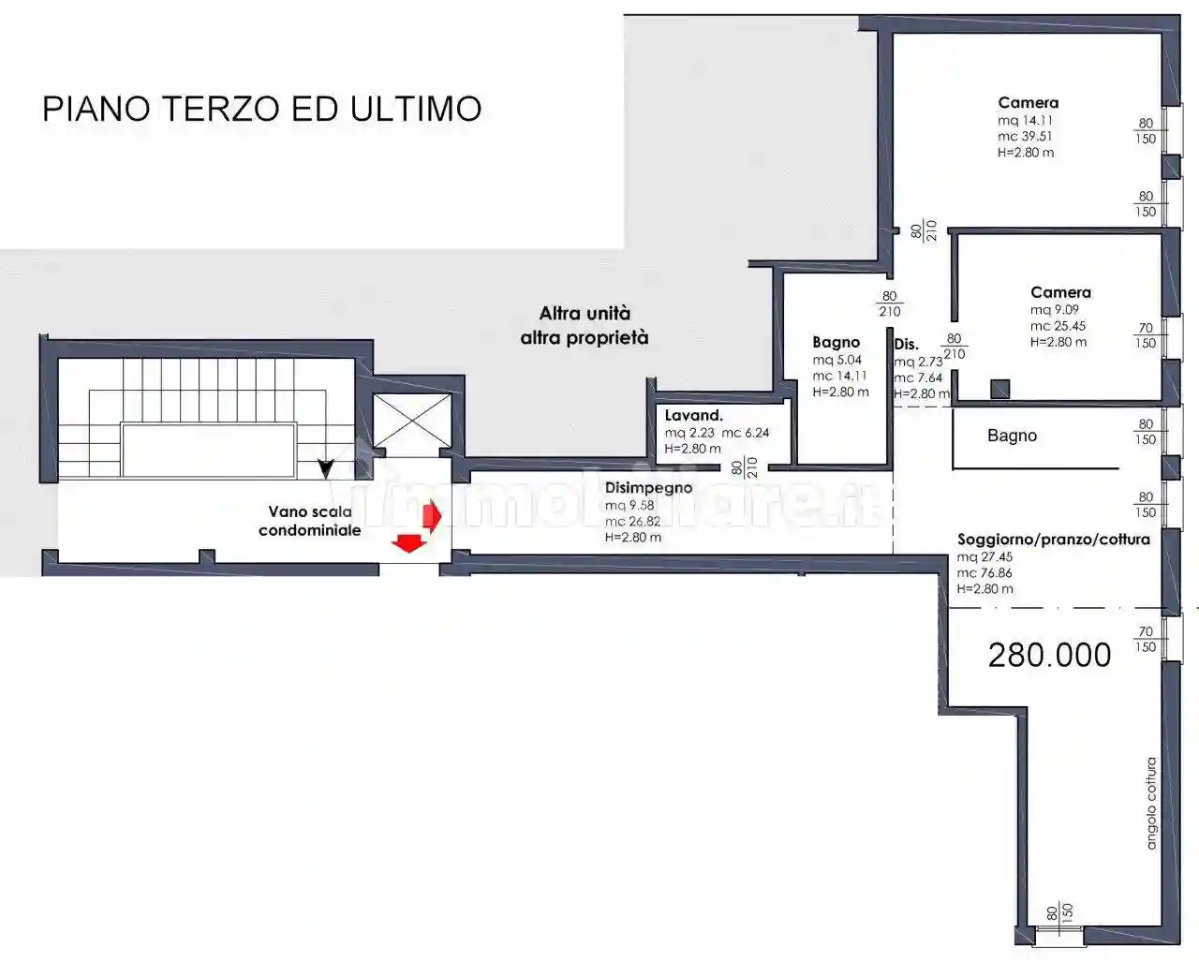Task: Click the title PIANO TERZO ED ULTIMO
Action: (262, 109)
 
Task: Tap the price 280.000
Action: (1049, 655)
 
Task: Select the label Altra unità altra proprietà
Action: (585, 325)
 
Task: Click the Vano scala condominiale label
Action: (310, 521)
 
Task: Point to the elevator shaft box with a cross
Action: (412, 421)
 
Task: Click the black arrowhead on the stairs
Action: (326, 467)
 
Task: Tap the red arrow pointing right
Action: (432, 514)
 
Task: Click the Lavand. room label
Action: (693, 416)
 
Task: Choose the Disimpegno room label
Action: (648, 488)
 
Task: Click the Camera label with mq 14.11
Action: (1028, 103)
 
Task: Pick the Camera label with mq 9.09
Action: (1060, 292)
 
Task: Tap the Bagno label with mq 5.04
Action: (836, 343)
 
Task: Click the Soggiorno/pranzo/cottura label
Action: (1053, 540)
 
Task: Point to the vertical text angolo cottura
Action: (1151, 803)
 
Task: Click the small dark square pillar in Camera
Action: (999, 388)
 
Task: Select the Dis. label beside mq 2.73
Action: (906, 345)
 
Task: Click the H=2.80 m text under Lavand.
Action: (692, 449)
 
